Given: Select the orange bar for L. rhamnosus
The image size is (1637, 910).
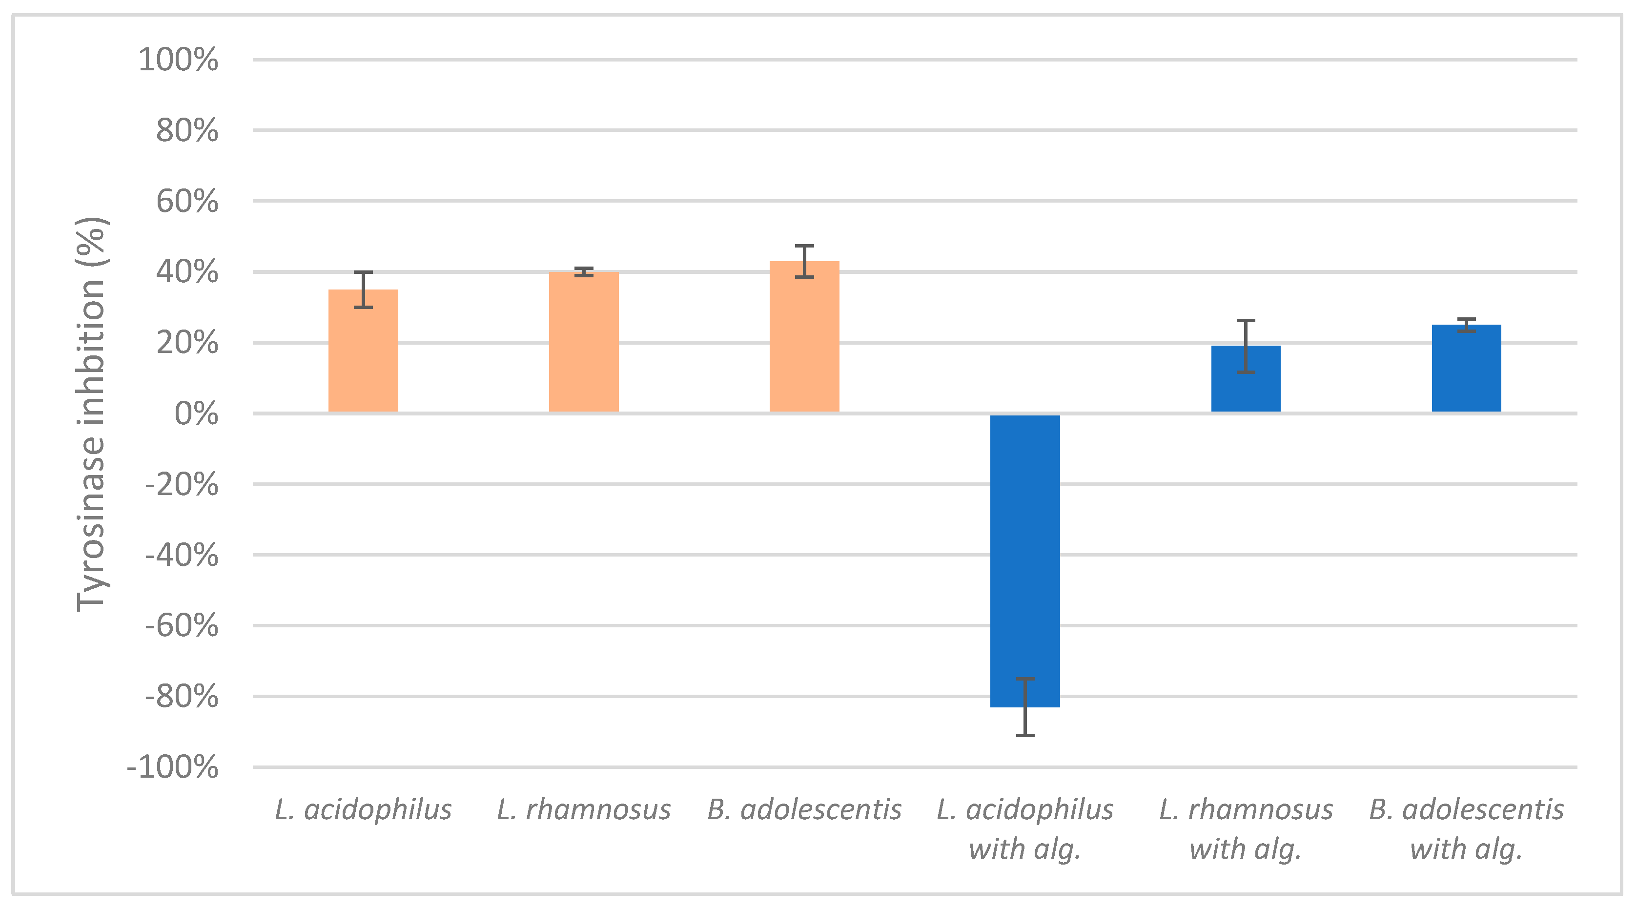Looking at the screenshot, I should click(x=583, y=343).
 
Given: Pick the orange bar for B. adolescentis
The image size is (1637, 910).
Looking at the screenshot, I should click(x=804, y=337).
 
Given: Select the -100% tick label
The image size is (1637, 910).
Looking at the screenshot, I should click(x=173, y=767).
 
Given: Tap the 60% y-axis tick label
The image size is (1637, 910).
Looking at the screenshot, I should click(x=187, y=202).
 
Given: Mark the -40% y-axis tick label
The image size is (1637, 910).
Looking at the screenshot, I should click(x=182, y=556).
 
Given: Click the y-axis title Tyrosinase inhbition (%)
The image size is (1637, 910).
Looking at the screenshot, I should click(x=91, y=414).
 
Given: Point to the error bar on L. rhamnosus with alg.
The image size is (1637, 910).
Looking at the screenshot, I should click(x=1245, y=346).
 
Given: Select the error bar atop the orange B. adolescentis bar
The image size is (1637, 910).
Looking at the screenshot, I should click(x=804, y=261).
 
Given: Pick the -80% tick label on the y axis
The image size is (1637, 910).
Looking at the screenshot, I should click(x=182, y=697).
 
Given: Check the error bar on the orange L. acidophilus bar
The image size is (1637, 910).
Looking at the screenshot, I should click(x=363, y=290).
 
